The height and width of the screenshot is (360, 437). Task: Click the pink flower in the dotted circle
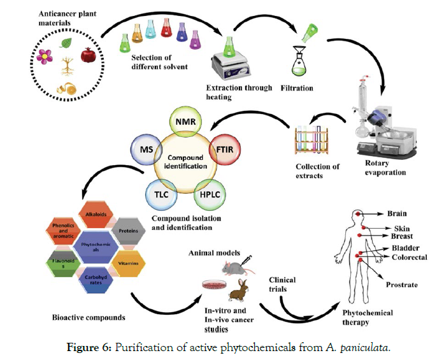(x=45, y=57)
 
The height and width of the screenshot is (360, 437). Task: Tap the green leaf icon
(x=66, y=43)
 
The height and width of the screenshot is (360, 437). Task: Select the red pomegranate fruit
(x=86, y=55)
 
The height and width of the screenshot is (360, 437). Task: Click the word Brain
(x=397, y=214)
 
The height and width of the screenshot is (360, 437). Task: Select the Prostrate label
(x=402, y=285)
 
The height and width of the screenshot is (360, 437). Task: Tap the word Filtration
(x=297, y=88)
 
